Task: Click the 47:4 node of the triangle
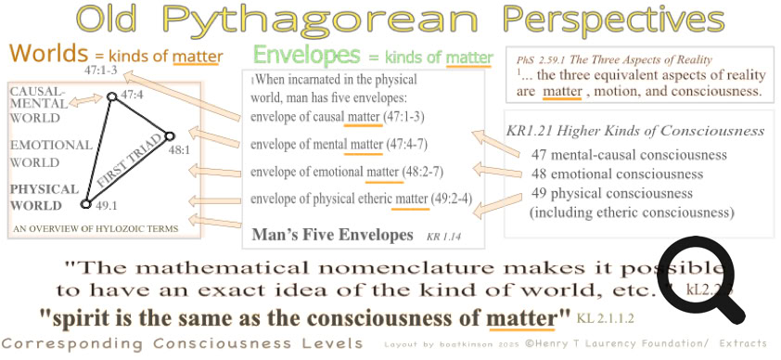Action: click(x=111, y=96)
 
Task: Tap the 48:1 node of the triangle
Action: click(x=169, y=136)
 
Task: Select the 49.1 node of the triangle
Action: click(x=85, y=203)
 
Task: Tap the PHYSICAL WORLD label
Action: click(x=44, y=196)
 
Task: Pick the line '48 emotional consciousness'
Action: click(x=617, y=174)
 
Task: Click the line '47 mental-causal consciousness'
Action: click(x=629, y=155)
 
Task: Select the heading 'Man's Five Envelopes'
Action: click(x=332, y=235)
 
